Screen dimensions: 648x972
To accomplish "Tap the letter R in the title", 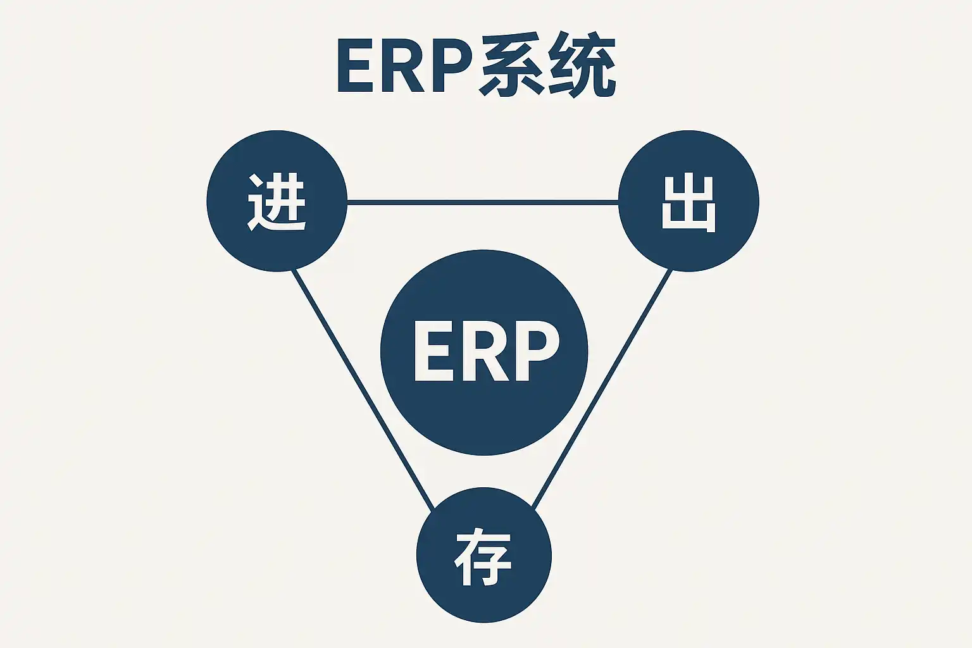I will click(x=404, y=66).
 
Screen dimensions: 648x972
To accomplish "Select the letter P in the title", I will click(x=451, y=66).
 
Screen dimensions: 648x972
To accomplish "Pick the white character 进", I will click(x=277, y=202).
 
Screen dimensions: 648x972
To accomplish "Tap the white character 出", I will click(x=688, y=203).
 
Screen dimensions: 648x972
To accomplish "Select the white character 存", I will click(x=483, y=558).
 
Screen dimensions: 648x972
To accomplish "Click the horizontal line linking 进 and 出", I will click(x=483, y=202).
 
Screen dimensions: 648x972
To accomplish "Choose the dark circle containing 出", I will click(x=688, y=247).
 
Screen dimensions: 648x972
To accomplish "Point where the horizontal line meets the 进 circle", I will click(x=347, y=202).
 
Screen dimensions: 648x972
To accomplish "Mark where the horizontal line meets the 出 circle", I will click(x=618, y=202).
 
